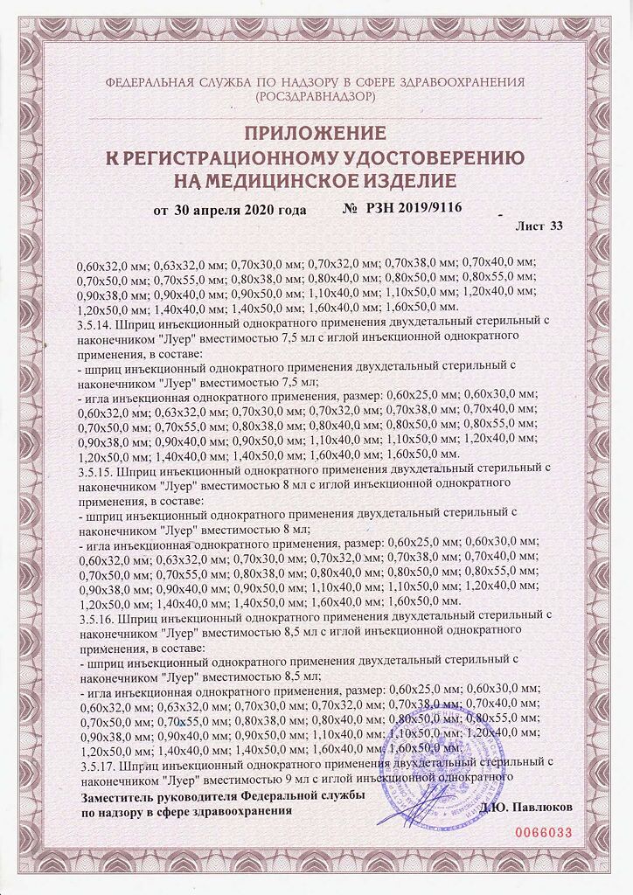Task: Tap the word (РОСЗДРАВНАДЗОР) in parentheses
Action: [316, 97]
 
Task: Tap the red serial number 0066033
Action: [543, 833]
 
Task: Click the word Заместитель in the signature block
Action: [116, 797]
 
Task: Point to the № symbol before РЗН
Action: [350, 211]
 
